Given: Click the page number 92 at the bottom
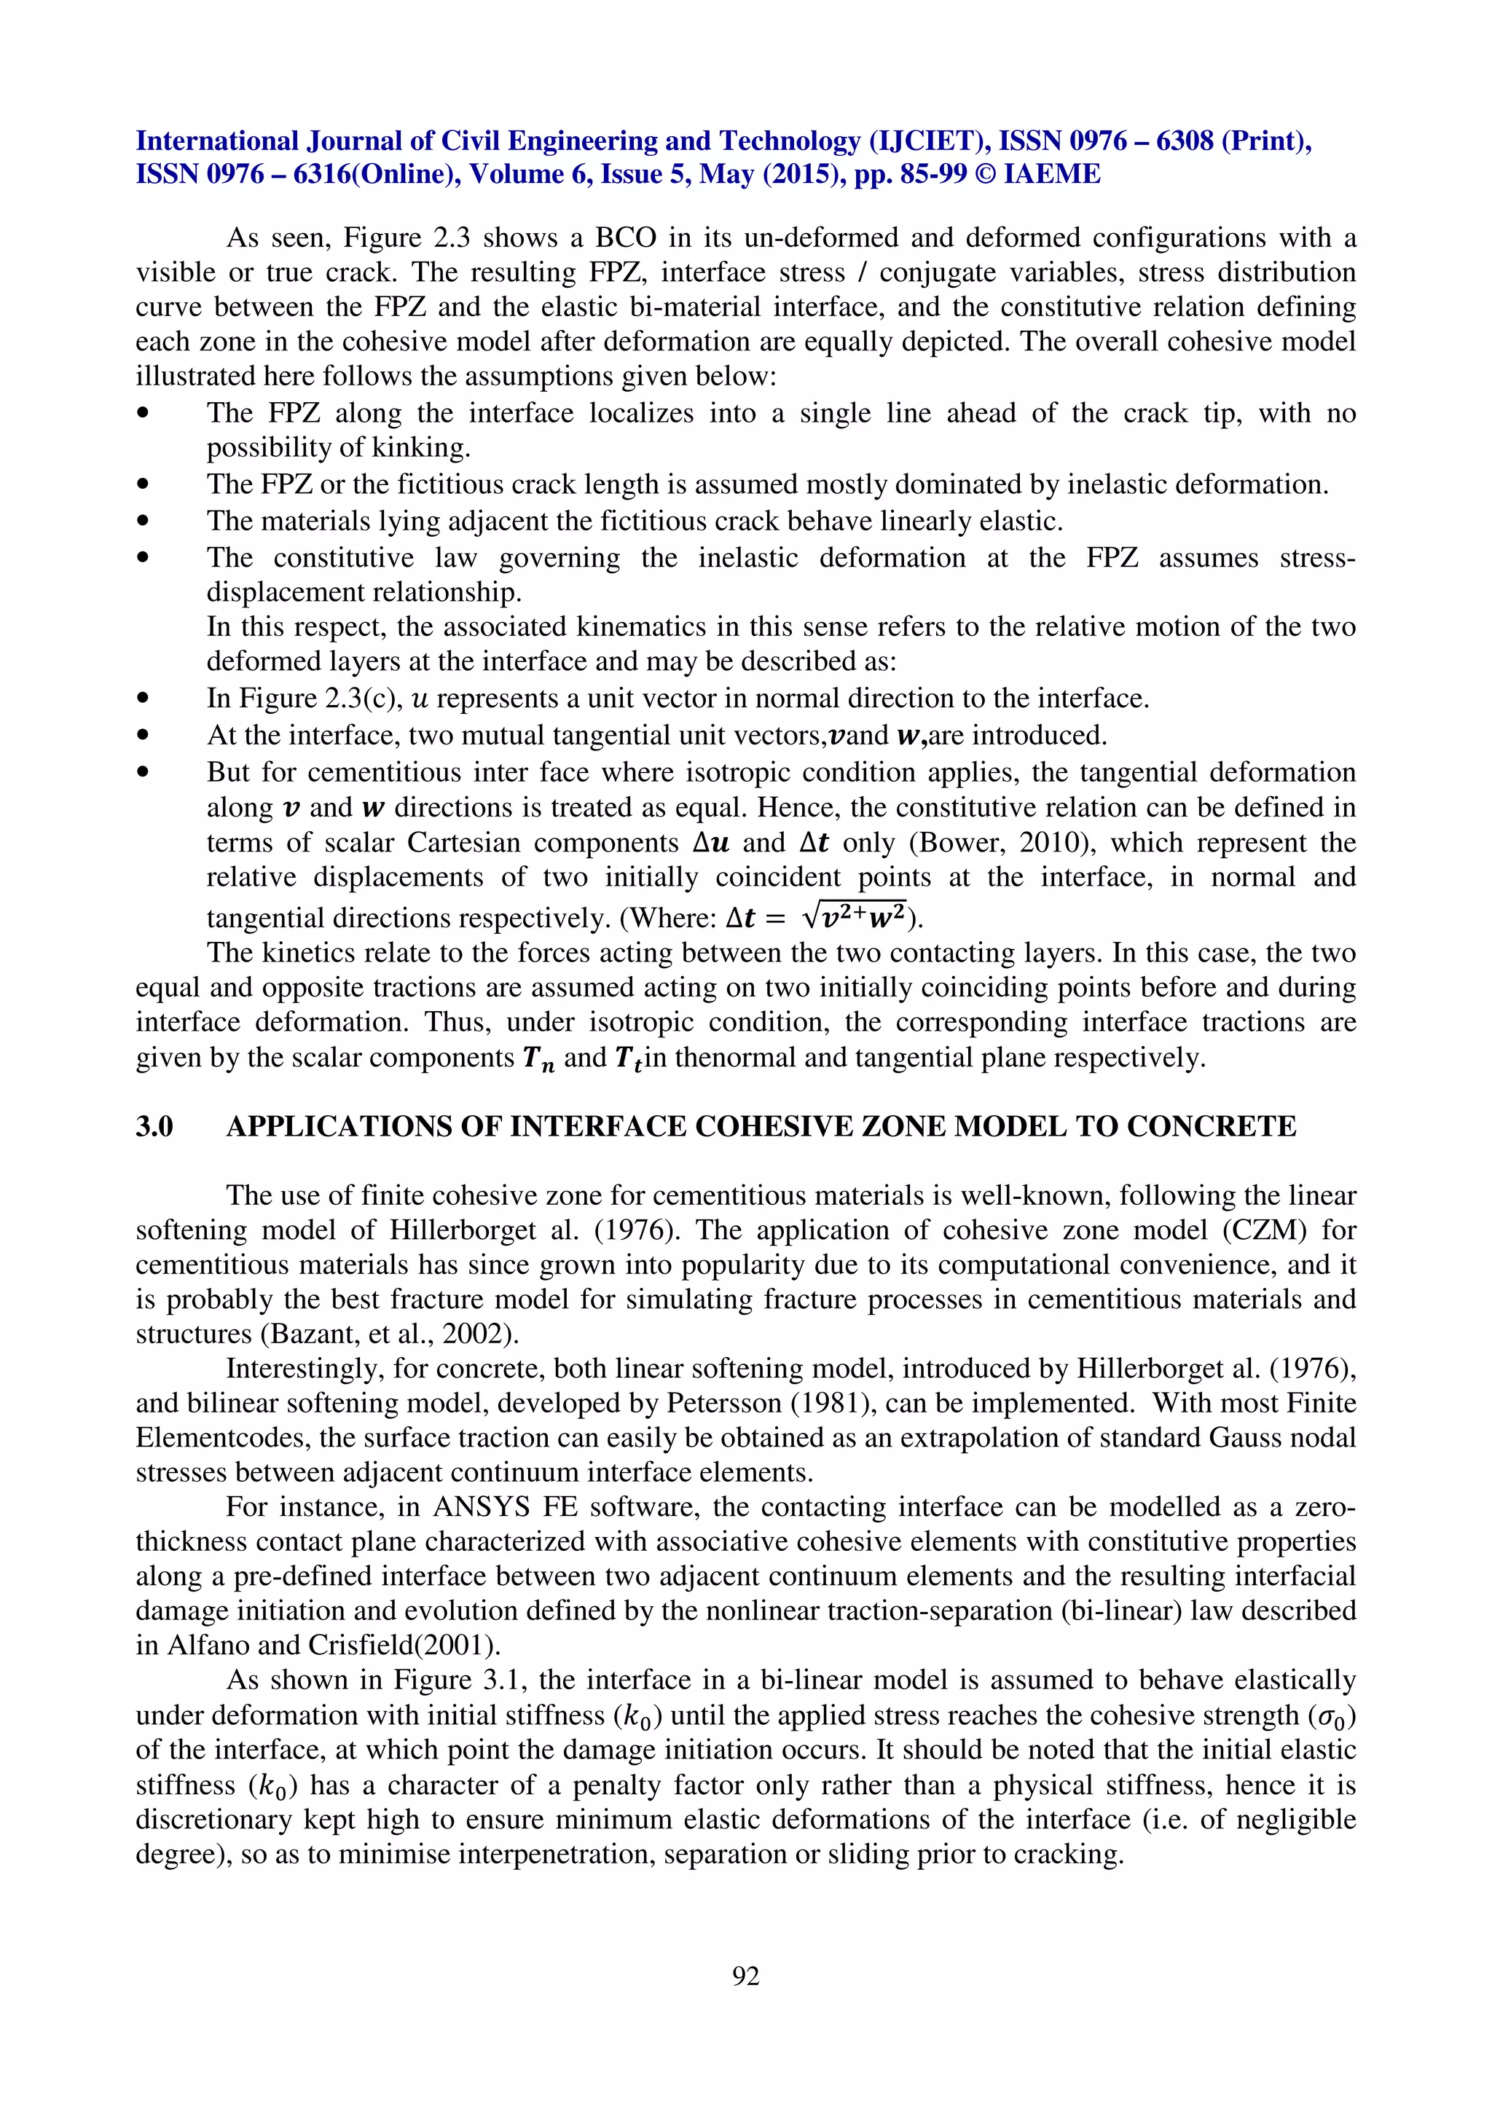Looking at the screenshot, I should [x=745, y=1975].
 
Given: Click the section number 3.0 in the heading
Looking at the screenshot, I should [x=154, y=1126].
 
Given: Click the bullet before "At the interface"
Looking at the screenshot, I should [x=143, y=736].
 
